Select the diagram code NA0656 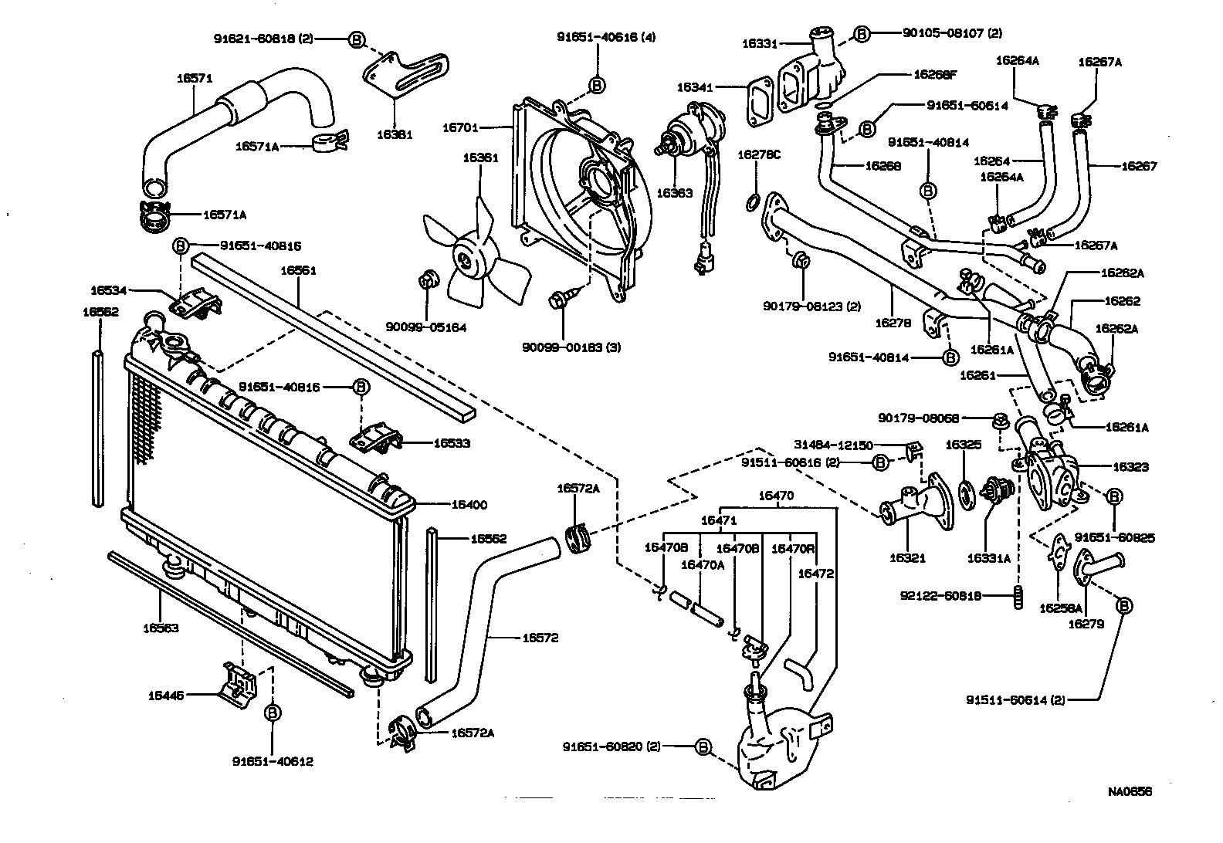tap(1130, 791)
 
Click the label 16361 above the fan tap(480, 157)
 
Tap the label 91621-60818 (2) tap(263, 39)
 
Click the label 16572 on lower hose tap(540, 638)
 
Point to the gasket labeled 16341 tap(760, 100)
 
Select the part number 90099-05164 tap(426, 327)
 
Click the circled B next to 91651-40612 tap(272, 713)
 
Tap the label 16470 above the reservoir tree tap(777, 496)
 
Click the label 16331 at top tap(760, 44)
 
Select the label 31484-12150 tap(833, 445)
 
